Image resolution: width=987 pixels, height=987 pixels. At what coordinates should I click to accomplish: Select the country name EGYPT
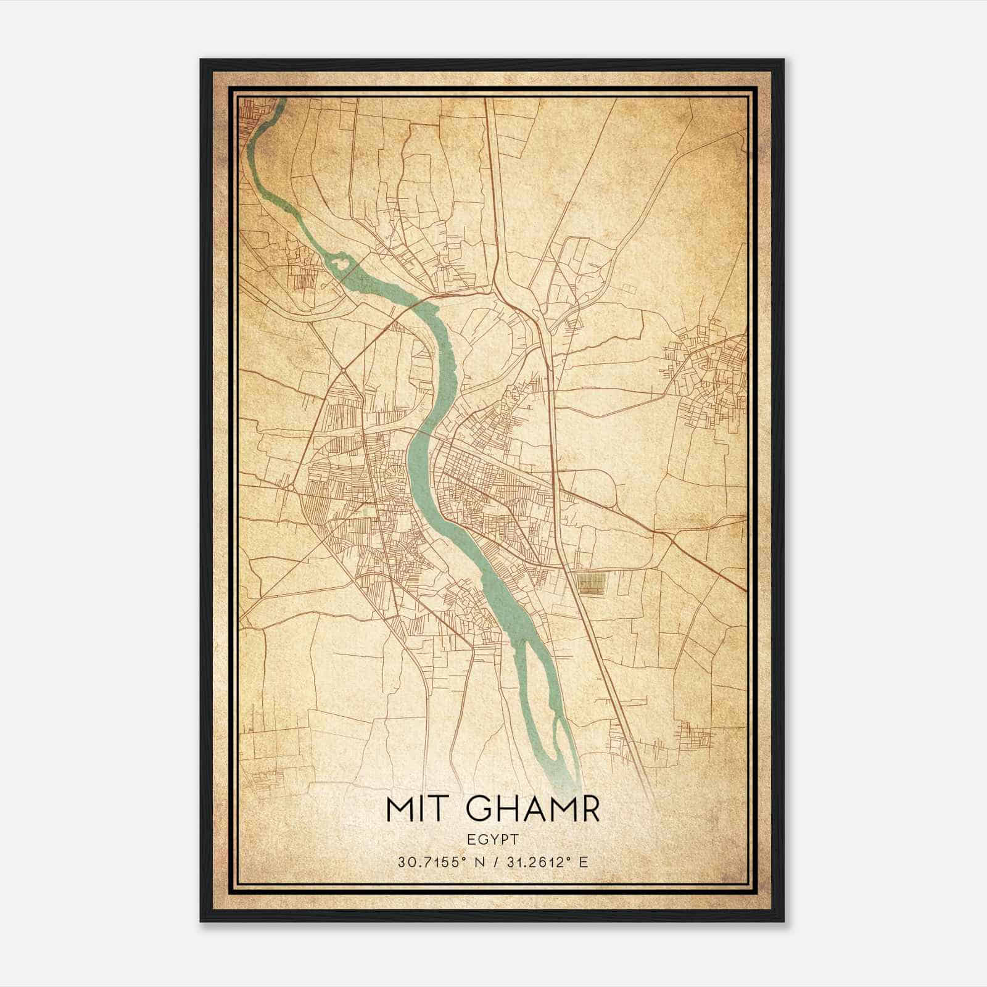pos(493,839)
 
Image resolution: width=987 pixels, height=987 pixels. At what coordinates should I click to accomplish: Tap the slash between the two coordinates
pos(493,862)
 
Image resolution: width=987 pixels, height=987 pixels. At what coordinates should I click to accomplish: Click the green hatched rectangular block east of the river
pos(591,583)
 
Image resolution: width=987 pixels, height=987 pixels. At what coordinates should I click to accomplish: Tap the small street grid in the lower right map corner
pos(694,734)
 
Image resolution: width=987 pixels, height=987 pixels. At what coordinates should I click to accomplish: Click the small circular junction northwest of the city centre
pos(343,370)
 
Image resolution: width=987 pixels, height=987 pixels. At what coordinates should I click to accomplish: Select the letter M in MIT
pos(399,809)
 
